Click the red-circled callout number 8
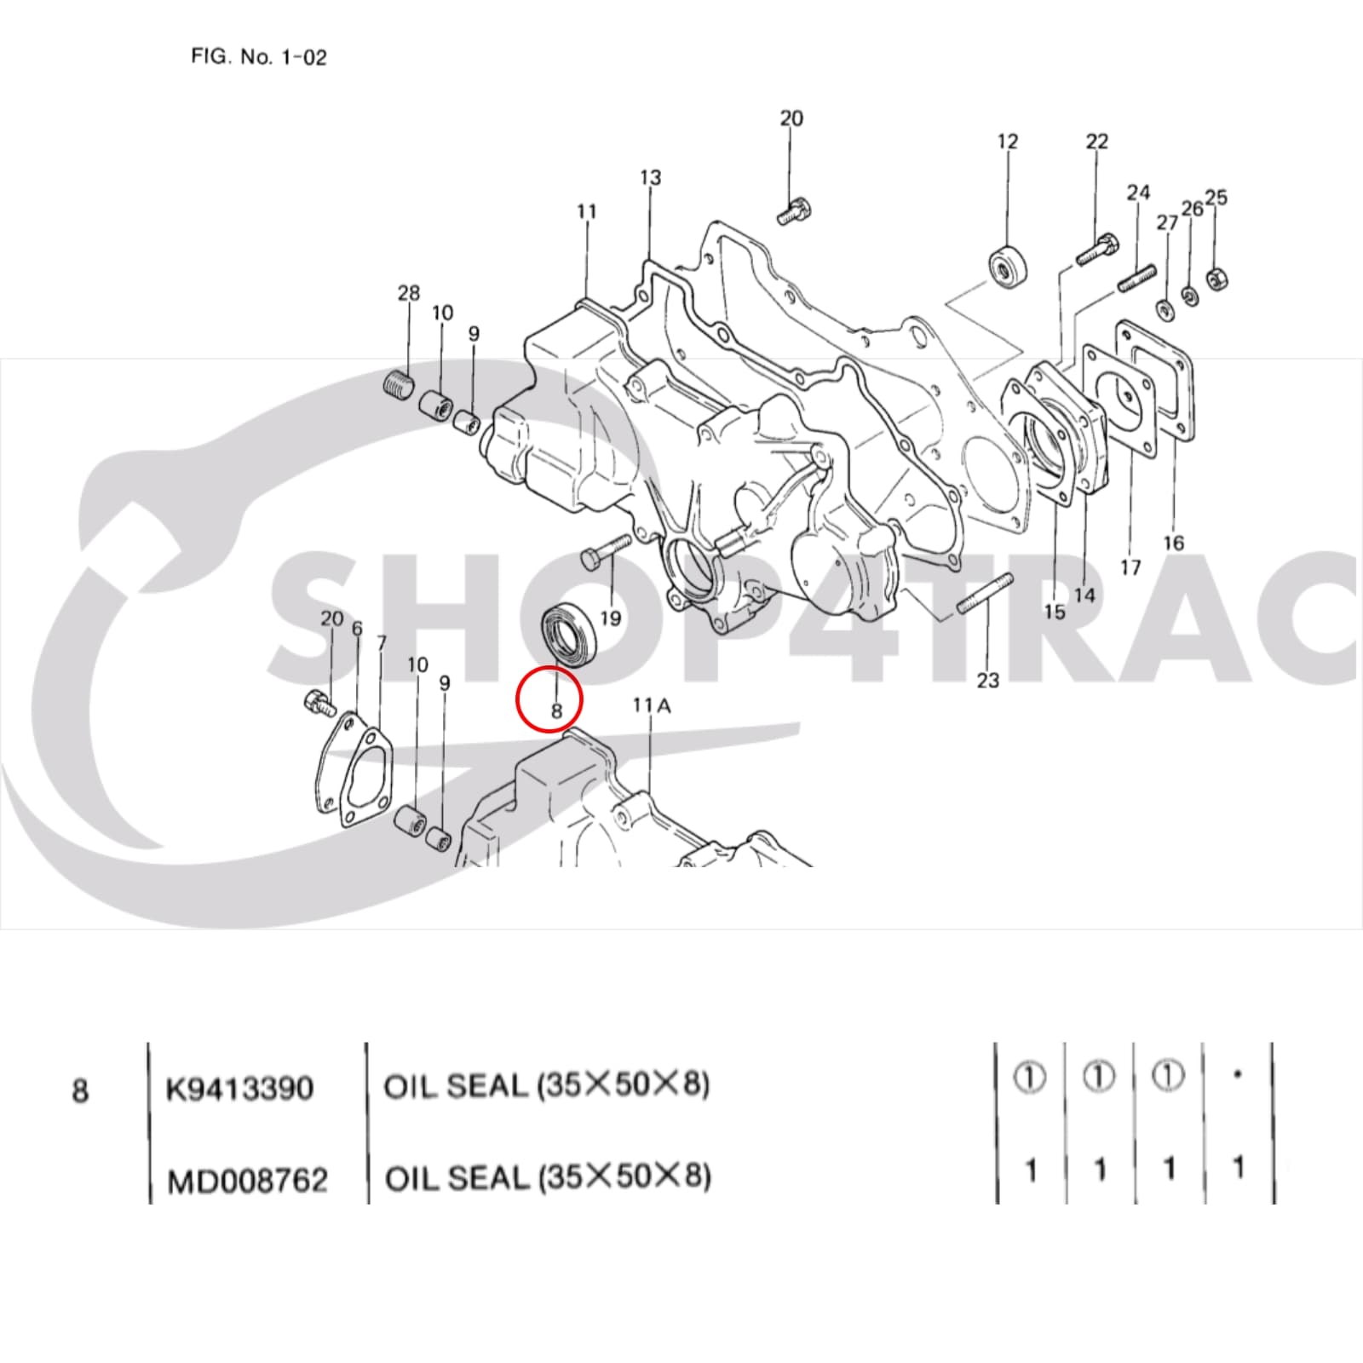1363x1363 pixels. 556,710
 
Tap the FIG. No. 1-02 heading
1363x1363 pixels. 258,58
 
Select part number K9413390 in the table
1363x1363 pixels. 239,1089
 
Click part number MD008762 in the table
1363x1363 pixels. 247,1181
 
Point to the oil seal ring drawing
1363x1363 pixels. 572,631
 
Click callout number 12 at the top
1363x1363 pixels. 1007,141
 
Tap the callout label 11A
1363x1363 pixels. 651,705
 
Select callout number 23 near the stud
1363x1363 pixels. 987,680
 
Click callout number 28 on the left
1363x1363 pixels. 409,293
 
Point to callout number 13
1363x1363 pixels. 650,178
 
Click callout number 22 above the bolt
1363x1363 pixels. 1096,141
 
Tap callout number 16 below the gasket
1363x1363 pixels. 1173,543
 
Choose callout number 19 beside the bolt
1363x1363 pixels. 610,617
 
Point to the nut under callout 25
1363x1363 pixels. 1216,278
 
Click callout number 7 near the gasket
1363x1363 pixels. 381,643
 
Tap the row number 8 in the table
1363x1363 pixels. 80,1090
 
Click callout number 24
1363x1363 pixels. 1138,193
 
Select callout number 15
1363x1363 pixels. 1054,611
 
